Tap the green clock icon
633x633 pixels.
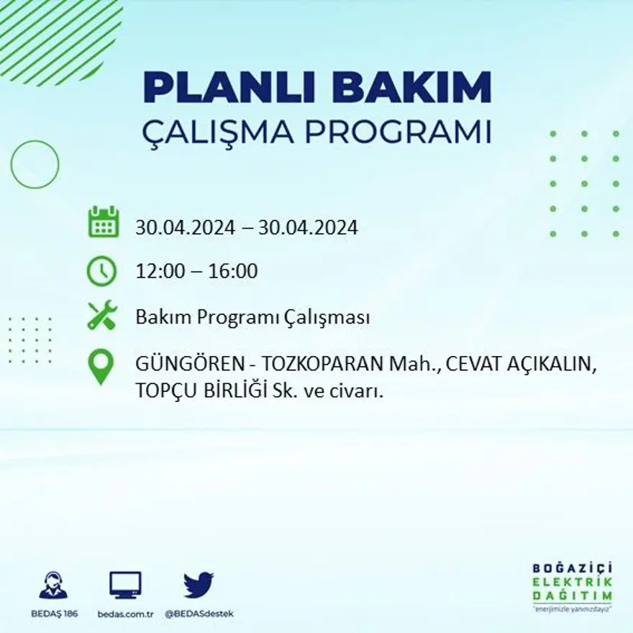click(x=101, y=271)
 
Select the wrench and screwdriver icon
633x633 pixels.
click(x=101, y=316)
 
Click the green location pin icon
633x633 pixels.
click(x=101, y=366)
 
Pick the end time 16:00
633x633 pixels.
click(x=233, y=272)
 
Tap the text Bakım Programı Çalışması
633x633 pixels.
click(x=252, y=318)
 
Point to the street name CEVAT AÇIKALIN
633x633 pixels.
click(x=521, y=365)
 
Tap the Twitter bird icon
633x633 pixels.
click(x=199, y=585)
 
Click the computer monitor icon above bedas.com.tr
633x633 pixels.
click(x=125, y=585)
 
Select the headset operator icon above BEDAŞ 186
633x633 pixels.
click(x=53, y=586)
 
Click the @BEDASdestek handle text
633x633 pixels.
click(x=199, y=614)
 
